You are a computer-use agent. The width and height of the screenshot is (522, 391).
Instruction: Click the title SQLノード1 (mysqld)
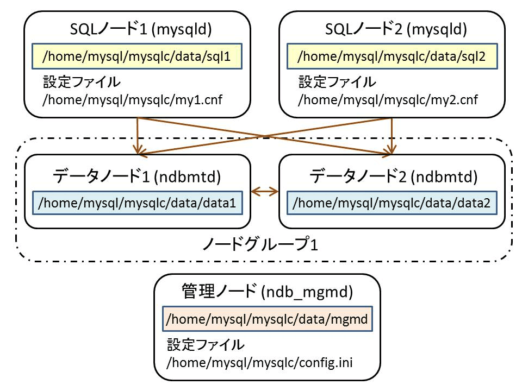(141, 29)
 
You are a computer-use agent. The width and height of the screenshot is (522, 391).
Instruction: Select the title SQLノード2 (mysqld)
(396, 29)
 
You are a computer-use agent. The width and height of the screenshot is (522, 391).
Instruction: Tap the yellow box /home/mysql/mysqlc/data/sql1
(137, 56)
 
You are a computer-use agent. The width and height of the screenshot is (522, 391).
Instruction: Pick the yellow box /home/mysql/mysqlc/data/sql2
(392, 56)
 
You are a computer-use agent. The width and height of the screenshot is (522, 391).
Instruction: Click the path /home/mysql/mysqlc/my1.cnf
(133, 100)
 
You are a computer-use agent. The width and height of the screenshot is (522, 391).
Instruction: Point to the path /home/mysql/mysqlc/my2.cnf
(388, 100)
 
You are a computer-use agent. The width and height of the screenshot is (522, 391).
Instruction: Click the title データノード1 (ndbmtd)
(137, 176)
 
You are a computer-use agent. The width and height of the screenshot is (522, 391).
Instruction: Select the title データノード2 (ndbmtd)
(394, 176)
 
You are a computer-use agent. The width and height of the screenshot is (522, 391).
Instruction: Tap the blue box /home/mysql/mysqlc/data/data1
(137, 203)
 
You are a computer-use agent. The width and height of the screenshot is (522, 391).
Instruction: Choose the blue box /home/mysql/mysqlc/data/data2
(392, 203)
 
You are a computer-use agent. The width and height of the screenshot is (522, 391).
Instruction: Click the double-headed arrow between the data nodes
(265, 192)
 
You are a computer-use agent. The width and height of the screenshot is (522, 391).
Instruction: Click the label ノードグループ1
(260, 244)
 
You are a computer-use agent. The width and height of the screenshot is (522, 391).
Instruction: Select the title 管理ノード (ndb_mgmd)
(267, 292)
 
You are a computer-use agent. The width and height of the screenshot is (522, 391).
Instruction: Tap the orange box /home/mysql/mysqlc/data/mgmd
(268, 319)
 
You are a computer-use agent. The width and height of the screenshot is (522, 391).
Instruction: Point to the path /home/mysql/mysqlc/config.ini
(260, 362)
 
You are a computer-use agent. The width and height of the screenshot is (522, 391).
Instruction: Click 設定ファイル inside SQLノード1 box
(82, 82)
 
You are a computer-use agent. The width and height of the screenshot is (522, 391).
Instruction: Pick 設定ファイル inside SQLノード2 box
(337, 82)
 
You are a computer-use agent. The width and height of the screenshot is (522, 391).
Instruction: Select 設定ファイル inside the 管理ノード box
(206, 344)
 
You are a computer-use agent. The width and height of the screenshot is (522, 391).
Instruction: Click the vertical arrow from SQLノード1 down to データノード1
(138, 136)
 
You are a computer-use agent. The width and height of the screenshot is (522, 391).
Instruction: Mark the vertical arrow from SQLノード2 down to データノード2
(392, 136)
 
